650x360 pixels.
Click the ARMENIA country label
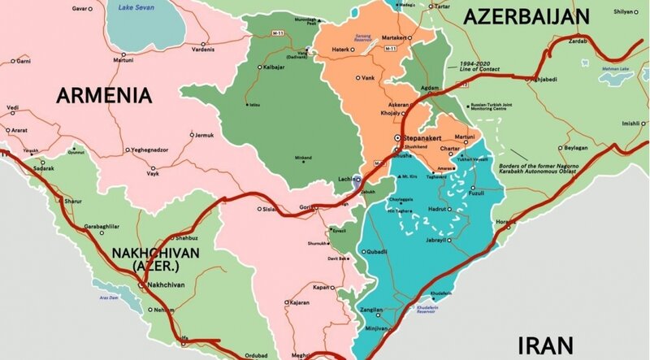click(104, 97)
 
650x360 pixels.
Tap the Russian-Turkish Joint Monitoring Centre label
click(496, 107)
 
